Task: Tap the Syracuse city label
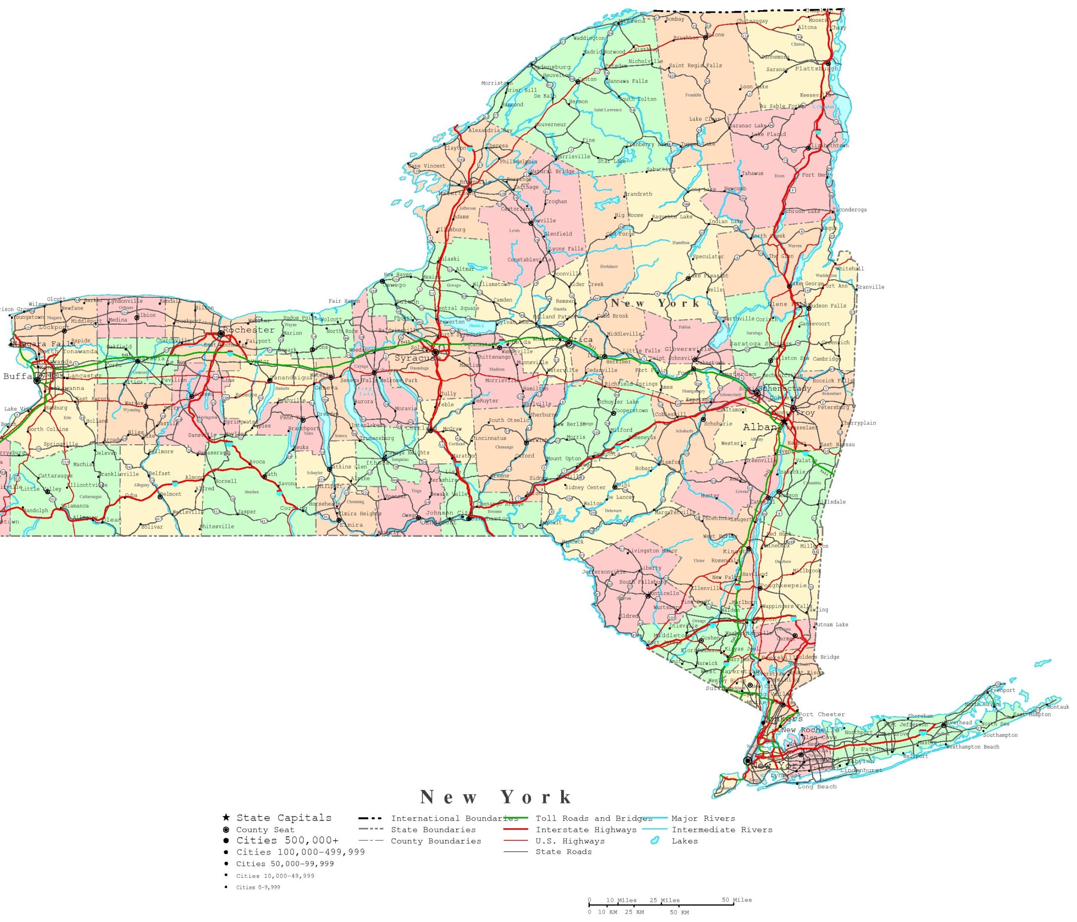click(x=417, y=359)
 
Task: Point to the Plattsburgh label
click(x=816, y=69)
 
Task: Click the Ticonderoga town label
click(x=849, y=210)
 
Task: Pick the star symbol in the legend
click(x=225, y=818)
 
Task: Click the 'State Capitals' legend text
click(x=284, y=818)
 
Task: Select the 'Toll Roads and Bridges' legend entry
click(x=594, y=818)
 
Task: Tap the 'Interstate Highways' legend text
click(x=586, y=829)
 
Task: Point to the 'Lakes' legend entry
click(x=684, y=841)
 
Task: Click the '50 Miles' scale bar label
click(x=737, y=900)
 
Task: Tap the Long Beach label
click(x=817, y=787)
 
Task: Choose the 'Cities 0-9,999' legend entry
click(x=258, y=887)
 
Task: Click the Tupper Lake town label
click(x=698, y=144)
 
